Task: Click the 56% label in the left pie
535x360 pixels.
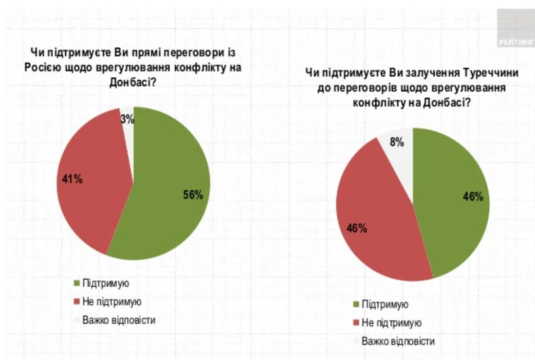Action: [x=192, y=195]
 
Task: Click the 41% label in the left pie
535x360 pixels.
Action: [x=72, y=179]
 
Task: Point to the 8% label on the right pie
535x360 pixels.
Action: [x=397, y=143]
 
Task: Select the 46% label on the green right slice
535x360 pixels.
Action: [x=473, y=197]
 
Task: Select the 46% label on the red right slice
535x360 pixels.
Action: [x=356, y=227]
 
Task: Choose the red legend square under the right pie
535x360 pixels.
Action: [x=355, y=323]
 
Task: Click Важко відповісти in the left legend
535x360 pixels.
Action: [x=119, y=320]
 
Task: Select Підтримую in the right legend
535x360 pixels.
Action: [x=385, y=305]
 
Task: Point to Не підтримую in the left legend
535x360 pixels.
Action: [x=112, y=302]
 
